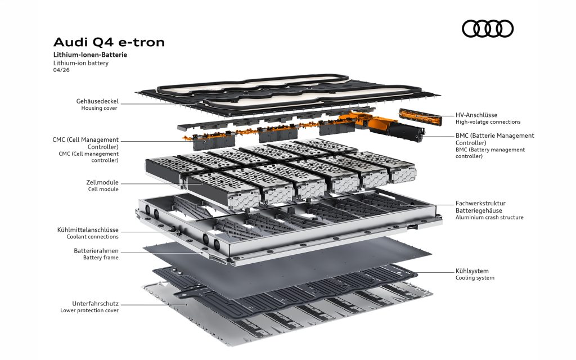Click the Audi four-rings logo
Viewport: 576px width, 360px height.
click(488, 29)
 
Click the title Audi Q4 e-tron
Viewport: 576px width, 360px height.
click(109, 42)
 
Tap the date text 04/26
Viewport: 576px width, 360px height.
click(61, 70)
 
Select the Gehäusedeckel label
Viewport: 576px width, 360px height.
click(97, 101)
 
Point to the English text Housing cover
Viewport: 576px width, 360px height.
click(99, 108)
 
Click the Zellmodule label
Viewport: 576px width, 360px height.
click(102, 182)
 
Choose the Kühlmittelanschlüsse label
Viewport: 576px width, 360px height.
click(88, 230)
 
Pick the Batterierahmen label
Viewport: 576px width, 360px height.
click(96, 251)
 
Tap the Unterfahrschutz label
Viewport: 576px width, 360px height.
click(95, 304)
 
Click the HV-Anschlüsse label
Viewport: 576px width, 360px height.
click(476, 115)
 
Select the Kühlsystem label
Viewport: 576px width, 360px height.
click(472, 271)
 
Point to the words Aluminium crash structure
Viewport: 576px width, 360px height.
click(489, 218)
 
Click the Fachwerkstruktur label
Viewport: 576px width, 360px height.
click(480, 203)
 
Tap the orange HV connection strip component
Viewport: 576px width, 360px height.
click(421, 117)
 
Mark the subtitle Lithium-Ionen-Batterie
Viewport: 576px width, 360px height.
click(91, 55)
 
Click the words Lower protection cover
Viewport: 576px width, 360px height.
click(89, 310)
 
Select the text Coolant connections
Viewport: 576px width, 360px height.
click(93, 237)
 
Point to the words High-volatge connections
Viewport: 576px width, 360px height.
click(488, 122)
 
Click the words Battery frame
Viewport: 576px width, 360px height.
click(101, 258)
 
